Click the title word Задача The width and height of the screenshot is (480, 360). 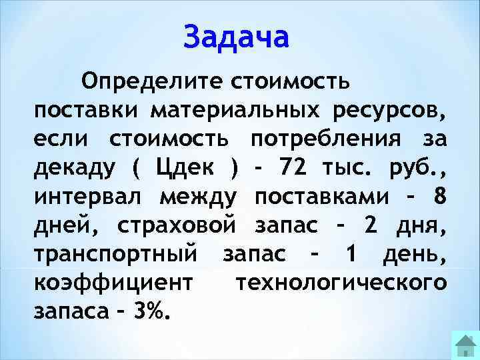(237, 37)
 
